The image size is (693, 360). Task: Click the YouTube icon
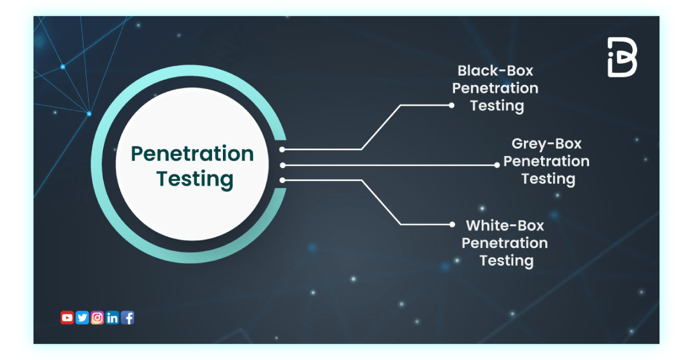pyautogui.click(x=67, y=317)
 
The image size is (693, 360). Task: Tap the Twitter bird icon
pyautogui.click(x=82, y=317)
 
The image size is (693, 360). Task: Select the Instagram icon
pyautogui.click(x=97, y=317)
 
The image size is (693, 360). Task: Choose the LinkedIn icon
pyautogui.click(x=112, y=317)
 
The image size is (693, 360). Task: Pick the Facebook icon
pyautogui.click(x=127, y=317)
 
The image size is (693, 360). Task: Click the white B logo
pyautogui.click(x=622, y=57)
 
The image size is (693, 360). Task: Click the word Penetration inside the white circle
pyautogui.click(x=192, y=154)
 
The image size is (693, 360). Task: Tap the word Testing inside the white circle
pyautogui.click(x=195, y=179)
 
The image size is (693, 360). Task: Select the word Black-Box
pyautogui.click(x=495, y=70)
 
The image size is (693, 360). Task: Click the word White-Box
pyautogui.click(x=505, y=225)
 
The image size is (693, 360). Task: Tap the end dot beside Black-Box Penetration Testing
pyautogui.click(x=452, y=105)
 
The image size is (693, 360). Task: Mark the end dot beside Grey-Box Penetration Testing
pyautogui.click(x=497, y=165)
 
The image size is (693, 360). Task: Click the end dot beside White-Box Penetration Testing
pyautogui.click(x=452, y=224)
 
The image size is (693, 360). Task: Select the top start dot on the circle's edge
pyautogui.click(x=282, y=150)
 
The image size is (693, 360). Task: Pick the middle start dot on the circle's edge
pyautogui.click(x=282, y=165)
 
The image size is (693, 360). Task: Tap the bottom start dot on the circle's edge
pyautogui.click(x=282, y=180)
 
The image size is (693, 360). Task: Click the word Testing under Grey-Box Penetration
pyautogui.click(x=548, y=179)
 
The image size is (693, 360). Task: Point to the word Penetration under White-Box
pyautogui.click(x=505, y=243)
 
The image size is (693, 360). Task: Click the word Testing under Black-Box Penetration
pyautogui.click(x=497, y=106)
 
